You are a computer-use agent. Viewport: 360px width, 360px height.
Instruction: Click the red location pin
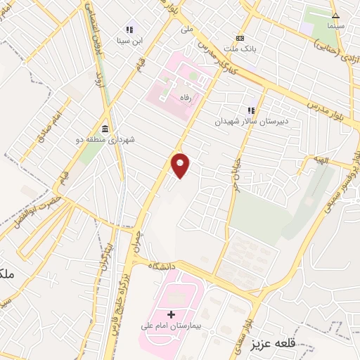181,165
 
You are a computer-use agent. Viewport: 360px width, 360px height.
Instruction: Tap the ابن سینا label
129,41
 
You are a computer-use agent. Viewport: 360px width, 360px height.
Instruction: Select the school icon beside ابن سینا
129,30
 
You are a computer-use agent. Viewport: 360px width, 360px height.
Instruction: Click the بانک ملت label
240,49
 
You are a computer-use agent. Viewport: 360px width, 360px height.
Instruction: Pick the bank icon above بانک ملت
240,38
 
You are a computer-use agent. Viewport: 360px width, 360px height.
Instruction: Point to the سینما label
335,25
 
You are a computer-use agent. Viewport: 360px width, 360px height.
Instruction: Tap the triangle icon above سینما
335,15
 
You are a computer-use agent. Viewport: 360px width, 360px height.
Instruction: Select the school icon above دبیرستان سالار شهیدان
250,110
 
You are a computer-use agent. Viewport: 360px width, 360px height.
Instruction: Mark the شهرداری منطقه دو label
105,139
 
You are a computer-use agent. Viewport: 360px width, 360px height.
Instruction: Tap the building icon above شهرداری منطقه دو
105,128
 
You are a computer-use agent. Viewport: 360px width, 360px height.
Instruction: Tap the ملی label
186,29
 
